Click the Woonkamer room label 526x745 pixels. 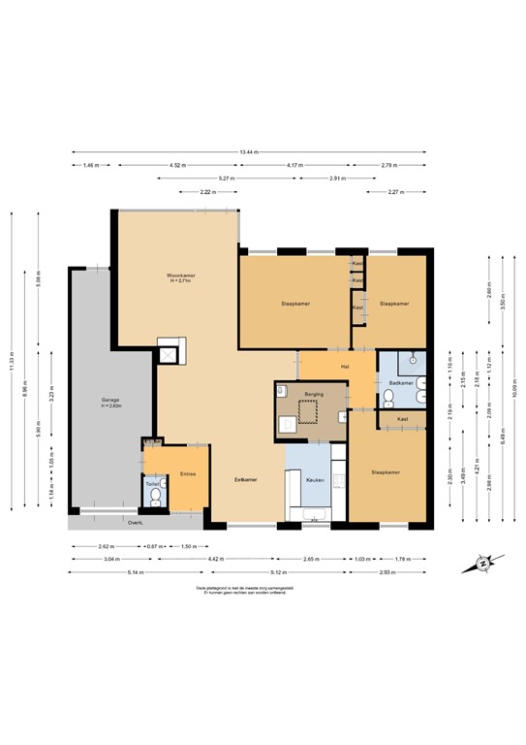click(x=180, y=276)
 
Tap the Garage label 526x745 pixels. click(x=110, y=400)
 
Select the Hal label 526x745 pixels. click(x=344, y=366)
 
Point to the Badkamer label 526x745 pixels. click(x=401, y=384)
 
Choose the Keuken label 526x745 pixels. click(x=315, y=480)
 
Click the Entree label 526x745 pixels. click(x=188, y=474)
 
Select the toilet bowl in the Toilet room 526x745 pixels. click(x=155, y=500)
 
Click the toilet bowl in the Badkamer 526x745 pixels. click(x=414, y=360)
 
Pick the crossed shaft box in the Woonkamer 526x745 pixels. click(x=171, y=355)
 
